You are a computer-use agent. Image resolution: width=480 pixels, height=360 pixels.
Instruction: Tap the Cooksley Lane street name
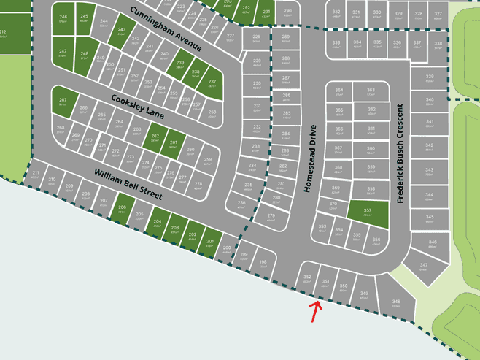click(138, 107)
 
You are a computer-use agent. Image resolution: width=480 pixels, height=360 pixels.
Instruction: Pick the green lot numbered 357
click(368, 212)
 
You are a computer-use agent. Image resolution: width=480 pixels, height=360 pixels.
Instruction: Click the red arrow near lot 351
click(315, 311)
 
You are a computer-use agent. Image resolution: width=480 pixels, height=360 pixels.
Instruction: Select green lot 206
click(122, 210)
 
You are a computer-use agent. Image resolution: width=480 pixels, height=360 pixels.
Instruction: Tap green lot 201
click(210, 242)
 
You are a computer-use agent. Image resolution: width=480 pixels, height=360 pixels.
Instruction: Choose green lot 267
click(63, 102)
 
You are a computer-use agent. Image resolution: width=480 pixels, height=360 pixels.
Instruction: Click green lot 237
click(212, 83)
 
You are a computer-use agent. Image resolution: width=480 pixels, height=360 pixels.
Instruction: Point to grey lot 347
click(423, 268)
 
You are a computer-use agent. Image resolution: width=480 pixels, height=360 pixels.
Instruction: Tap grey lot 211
click(35, 175)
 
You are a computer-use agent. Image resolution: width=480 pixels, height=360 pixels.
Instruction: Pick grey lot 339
click(430, 78)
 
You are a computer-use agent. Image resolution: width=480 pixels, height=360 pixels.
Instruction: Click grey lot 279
click(271, 218)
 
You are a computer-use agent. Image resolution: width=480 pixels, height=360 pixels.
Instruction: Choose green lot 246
click(63, 18)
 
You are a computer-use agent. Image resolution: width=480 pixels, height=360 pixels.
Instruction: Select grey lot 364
click(339, 92)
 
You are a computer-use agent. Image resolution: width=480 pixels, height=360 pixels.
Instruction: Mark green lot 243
click(122, 31)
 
